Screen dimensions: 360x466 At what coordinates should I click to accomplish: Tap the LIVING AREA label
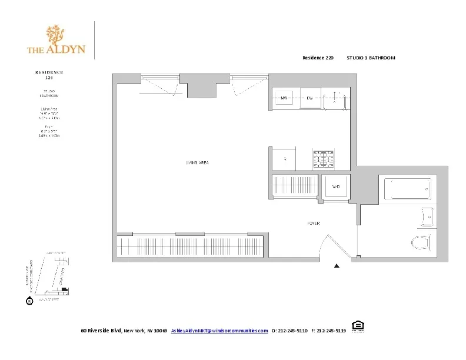point(198,162)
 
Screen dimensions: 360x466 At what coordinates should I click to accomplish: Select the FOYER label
point(313,223)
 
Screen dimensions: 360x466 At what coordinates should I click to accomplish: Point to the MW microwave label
point(284,98)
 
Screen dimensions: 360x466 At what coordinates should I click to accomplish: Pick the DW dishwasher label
point(309,98)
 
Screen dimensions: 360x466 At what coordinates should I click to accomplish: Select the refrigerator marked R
point(285,159)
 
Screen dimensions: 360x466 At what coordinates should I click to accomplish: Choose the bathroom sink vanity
point(427,216)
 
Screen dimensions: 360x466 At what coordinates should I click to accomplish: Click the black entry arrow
point(337,266)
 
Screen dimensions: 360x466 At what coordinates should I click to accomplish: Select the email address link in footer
point(219,331)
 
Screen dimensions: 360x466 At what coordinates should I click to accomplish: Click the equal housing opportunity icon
point(357,326)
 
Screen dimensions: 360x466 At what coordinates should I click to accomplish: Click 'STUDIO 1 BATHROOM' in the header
point(371,58)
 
